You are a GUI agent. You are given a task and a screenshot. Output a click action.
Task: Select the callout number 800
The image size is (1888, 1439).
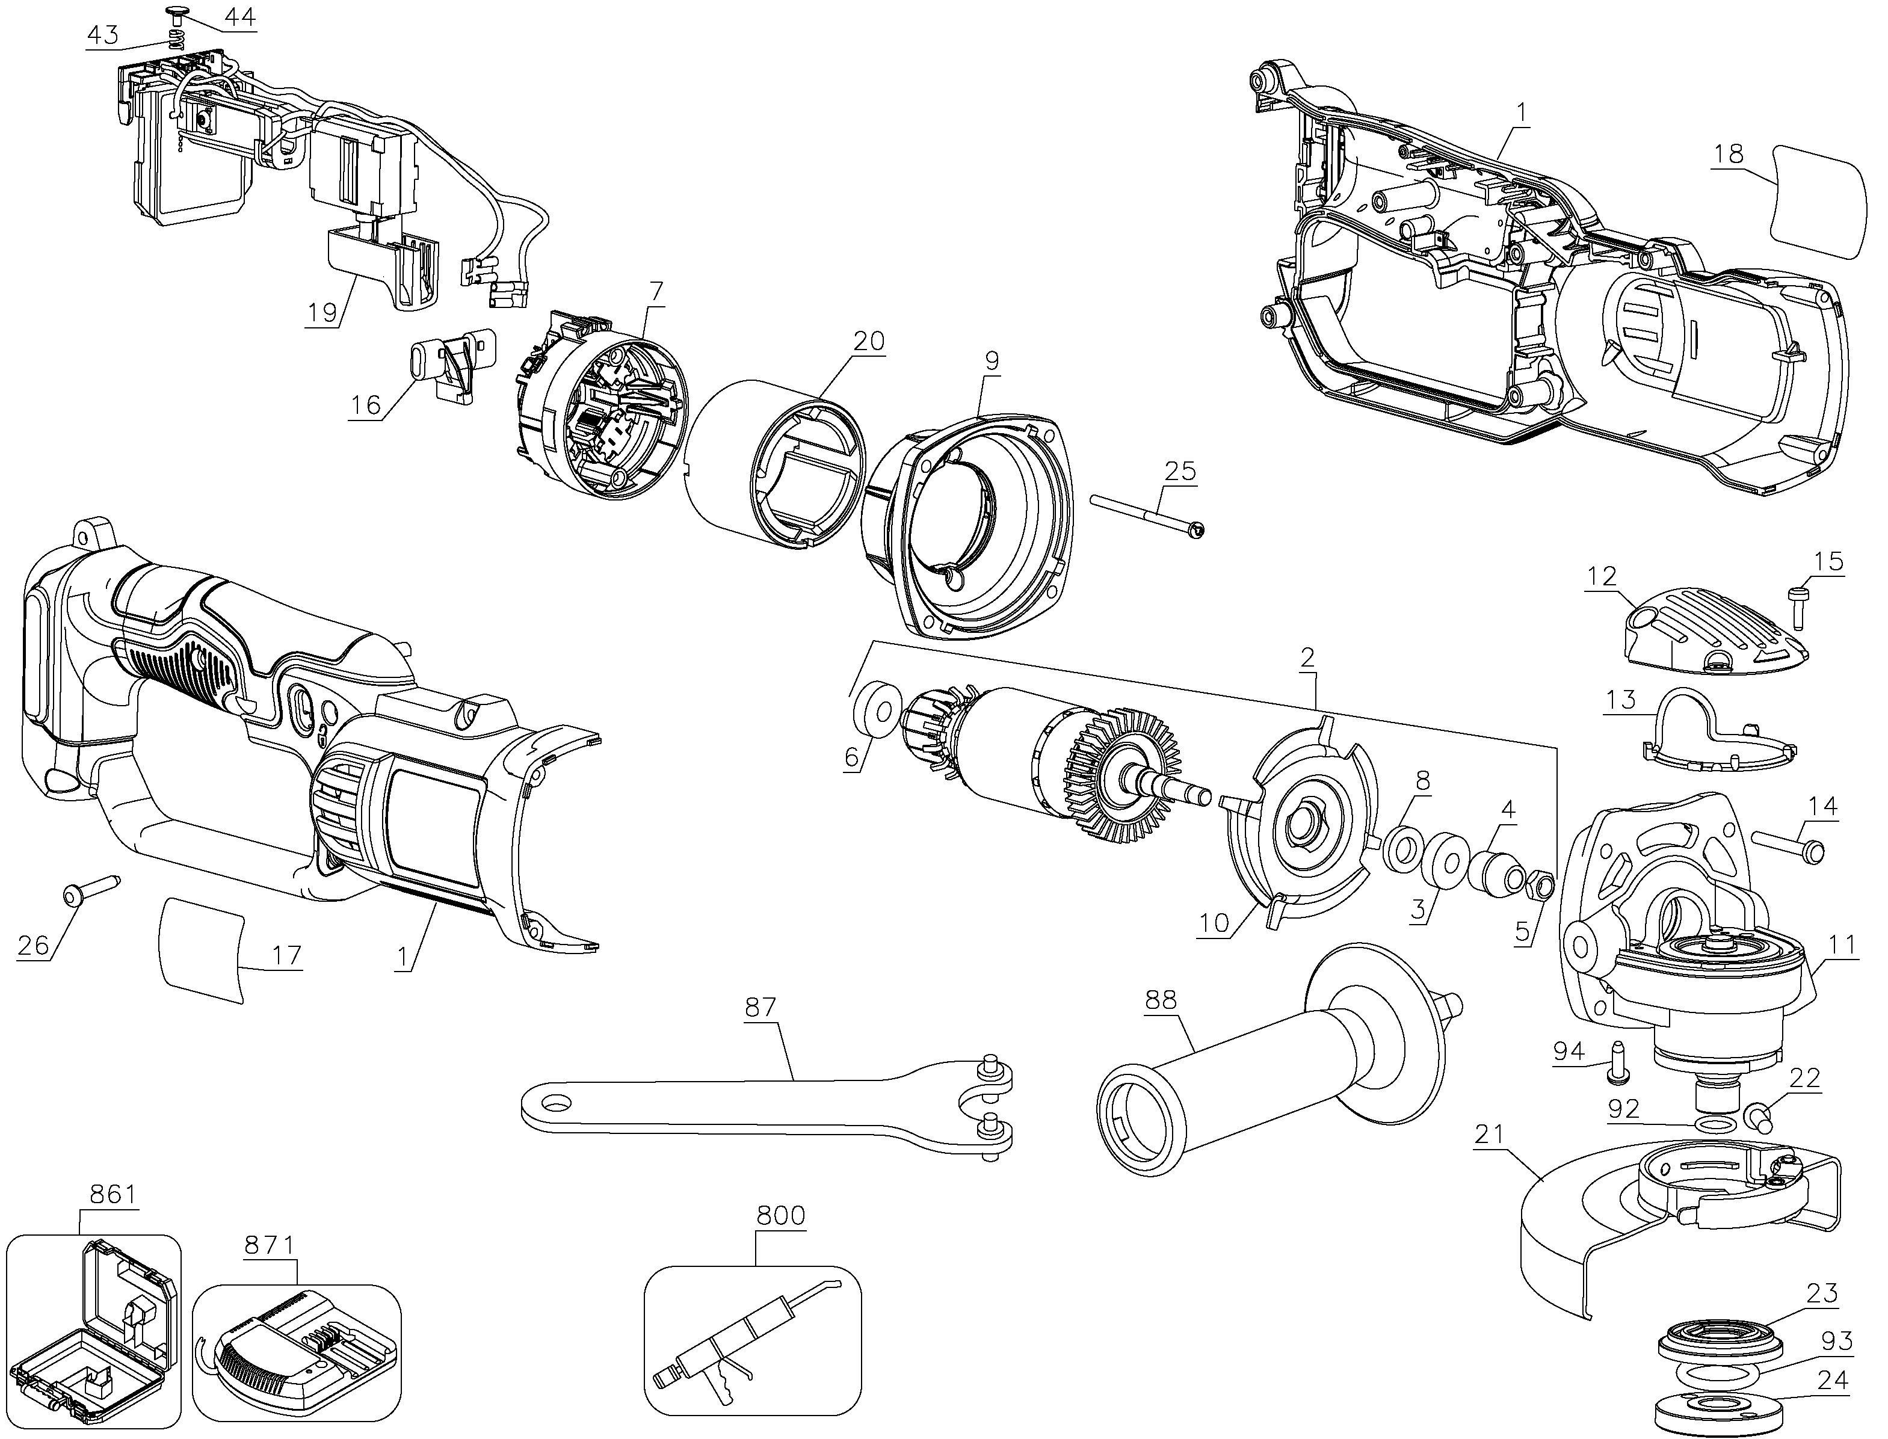point(780,1215)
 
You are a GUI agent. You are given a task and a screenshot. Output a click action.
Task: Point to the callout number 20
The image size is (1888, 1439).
point(869,342)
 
